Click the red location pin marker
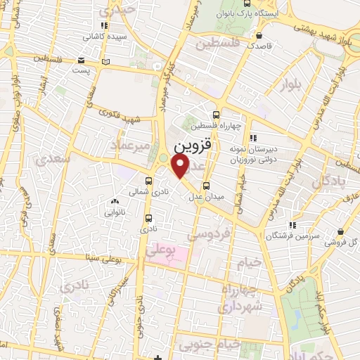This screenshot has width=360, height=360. coord(181,166)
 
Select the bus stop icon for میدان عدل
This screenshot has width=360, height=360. coord(205,186)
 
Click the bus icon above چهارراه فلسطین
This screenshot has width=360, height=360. coord(216,115)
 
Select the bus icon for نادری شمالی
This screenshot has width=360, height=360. coord(149,179)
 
